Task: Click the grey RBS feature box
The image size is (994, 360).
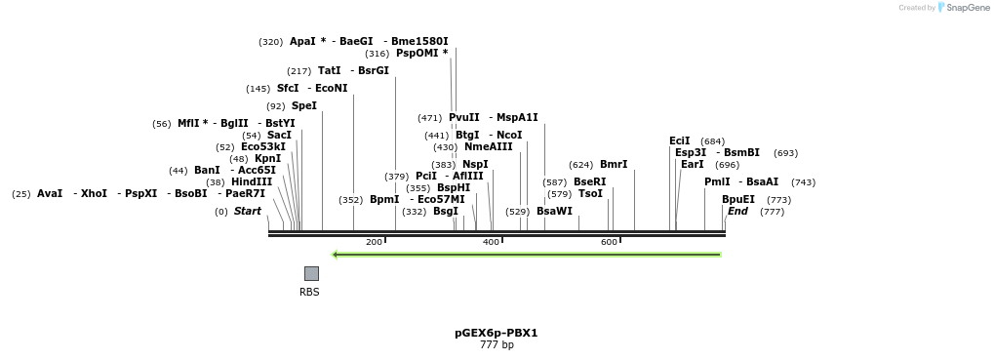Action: pyautogui.click(x=311, y=273)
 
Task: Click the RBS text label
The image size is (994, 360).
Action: pyautogui.click(x=309, y=292)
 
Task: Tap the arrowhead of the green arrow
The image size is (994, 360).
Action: pyautogui.click(x=336, y=255)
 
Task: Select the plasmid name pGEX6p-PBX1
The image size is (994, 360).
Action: pyautogui.click(x=496, y=333)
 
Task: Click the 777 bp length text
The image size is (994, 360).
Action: pyautogui.click(x=496, y=345)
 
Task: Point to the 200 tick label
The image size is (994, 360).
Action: pyautogui.click(x=374, y=242)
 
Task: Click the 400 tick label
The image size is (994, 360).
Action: pyautogui.click(x=491, y=242)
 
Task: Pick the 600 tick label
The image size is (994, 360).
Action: pyautogui.click(x=609, y=242)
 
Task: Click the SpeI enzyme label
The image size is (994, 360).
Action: pyautogui.click(x=303, y=105)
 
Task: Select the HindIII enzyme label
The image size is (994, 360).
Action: pyautogui.click(x=251, y=181)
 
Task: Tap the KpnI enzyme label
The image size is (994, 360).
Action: pyautogui.click(x=267, y=158)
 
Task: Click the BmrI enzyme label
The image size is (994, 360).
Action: pyautogui.click(x=614, y=164)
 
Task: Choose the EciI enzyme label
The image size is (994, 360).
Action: pyautogui.click(x=679, y=140)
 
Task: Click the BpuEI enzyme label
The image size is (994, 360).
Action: pyautogui.click(x=737, y=199)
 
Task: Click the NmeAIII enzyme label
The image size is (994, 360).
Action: pyautogui.click(x=488, y=146)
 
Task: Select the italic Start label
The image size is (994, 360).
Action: pyautogui.click(x=247, y=211)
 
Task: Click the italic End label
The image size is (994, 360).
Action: pyautogui.click(x=737, y=211)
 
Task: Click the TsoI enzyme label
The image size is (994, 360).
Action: pyautogui.click(x=590, y=193)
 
